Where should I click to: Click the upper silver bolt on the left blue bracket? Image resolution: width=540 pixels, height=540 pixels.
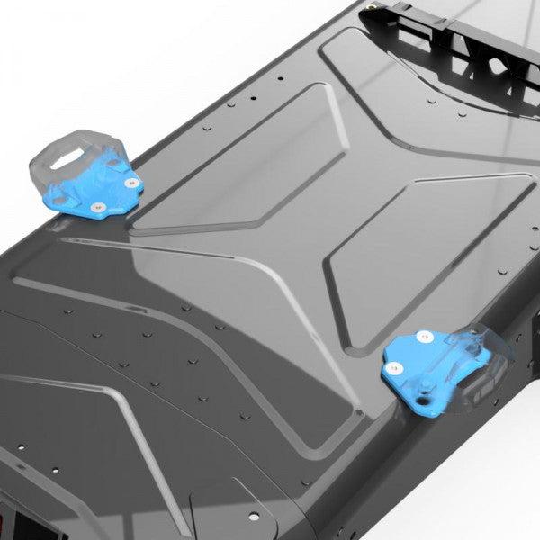tap(132, 182)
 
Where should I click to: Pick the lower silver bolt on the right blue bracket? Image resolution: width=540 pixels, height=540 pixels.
tap(393, 367)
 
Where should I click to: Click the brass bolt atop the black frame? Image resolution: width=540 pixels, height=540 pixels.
tap(372, 13)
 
